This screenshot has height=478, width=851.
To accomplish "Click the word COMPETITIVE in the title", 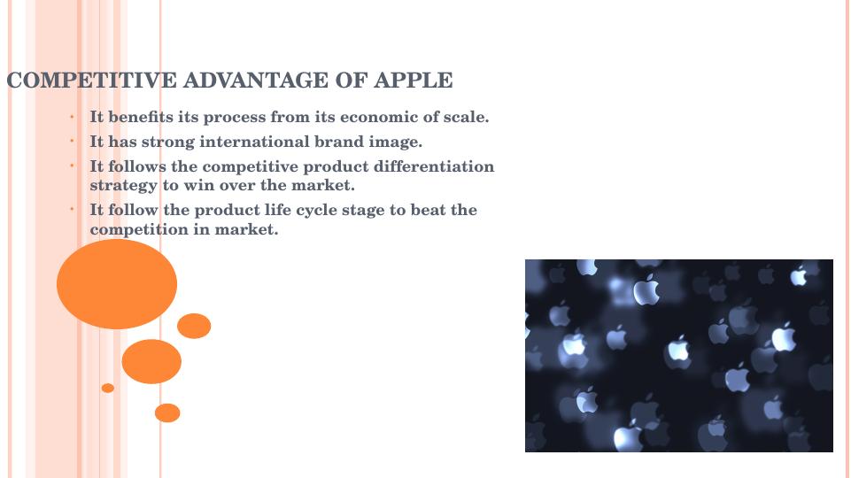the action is [x=92, y=81].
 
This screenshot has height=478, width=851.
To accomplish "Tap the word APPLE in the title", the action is [x=413, y=81].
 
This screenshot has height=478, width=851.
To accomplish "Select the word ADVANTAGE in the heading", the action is [x=256, y=81].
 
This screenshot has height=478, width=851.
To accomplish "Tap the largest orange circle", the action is [x=117, y=284].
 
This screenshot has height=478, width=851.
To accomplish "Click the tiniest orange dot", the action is [x=108, y=388].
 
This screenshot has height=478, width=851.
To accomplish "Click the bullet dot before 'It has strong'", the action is [x=72, y=141].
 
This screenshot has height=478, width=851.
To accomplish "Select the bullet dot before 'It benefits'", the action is [x=72, y=116].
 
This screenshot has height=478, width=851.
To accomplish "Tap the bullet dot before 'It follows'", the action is [x=72, y=166].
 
